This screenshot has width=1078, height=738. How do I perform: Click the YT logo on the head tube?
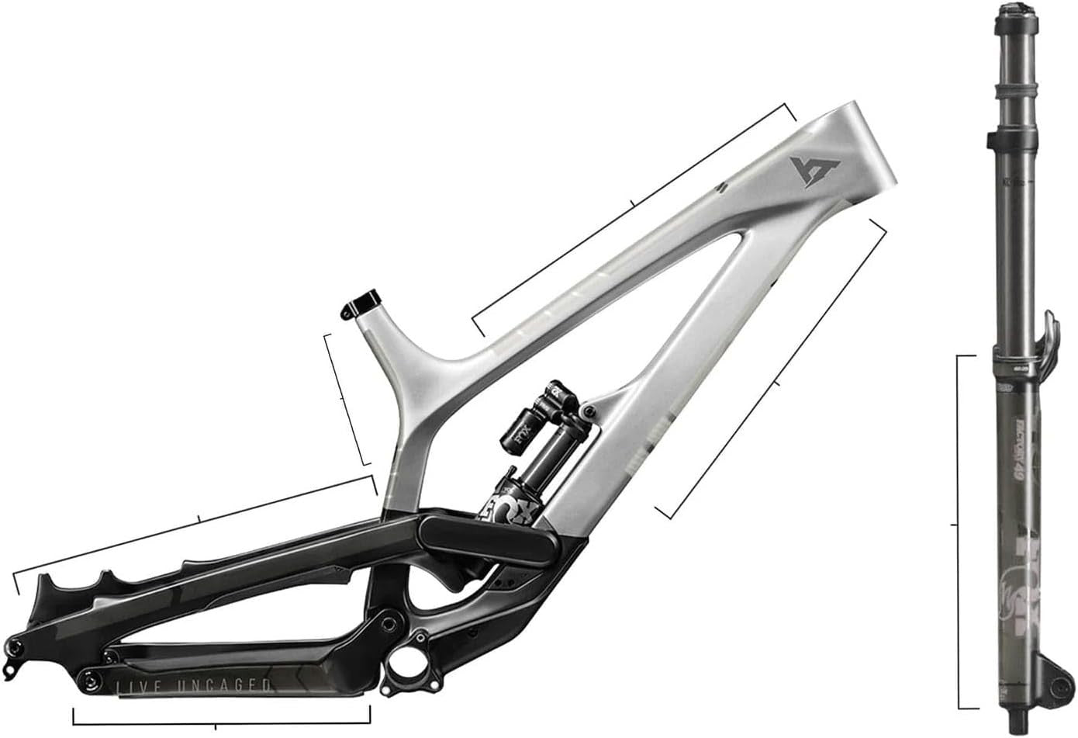click(810, 170)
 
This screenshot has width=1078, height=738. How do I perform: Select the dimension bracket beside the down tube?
click(776, 382)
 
